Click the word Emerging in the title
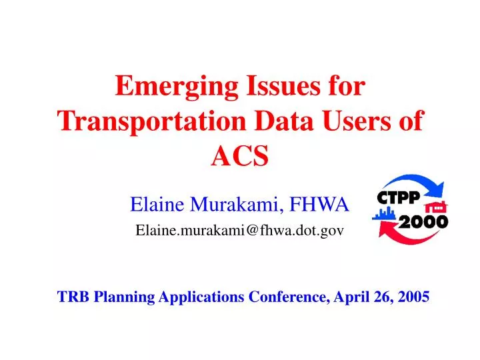point(177,87)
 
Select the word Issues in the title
point(283,86)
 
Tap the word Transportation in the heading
point(151,122)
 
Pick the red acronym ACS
point(240,155)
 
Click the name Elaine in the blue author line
point(157,204)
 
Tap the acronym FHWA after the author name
point(319,204)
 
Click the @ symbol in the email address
point(252,230)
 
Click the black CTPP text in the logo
point(398,197)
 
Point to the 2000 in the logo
point(423,221)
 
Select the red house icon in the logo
point(436,207)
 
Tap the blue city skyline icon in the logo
point(383,213)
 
